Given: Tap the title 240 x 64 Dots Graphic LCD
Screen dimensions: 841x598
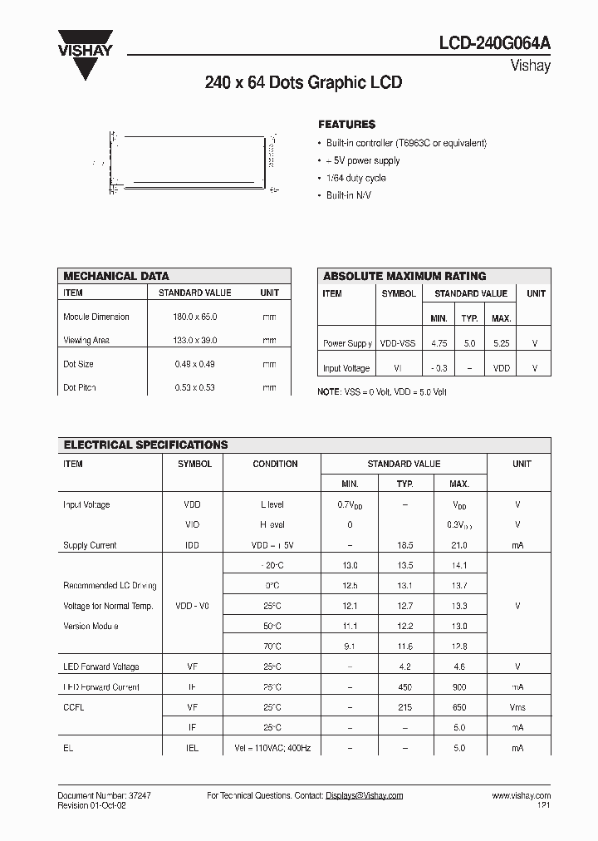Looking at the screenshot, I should [x=303, y=83].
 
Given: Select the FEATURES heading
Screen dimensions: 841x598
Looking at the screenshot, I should [x=346, y=125].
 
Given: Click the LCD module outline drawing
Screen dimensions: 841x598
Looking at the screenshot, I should [x=192, y=163].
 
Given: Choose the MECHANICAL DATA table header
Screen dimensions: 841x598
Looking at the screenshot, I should [x=116, y=276].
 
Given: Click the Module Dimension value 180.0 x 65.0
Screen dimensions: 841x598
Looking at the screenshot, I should [x=195, y=317].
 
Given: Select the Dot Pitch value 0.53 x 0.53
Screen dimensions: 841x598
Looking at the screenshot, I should [x=195, y=388].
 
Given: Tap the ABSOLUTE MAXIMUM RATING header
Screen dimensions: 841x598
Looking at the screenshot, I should [x=404, y=276].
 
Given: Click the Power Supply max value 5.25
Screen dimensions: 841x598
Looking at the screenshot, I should [x=501, y=343].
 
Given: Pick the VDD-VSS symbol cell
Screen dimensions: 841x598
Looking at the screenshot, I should [x=399, y=343].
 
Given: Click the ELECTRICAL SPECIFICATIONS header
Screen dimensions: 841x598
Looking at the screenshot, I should [x=145, y=445].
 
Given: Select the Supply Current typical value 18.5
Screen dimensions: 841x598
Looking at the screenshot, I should [x=404, y=546].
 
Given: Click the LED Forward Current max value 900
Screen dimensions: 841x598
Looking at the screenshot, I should [x=459, y=687].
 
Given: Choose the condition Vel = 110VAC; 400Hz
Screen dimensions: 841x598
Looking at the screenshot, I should [x=275, y=748].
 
